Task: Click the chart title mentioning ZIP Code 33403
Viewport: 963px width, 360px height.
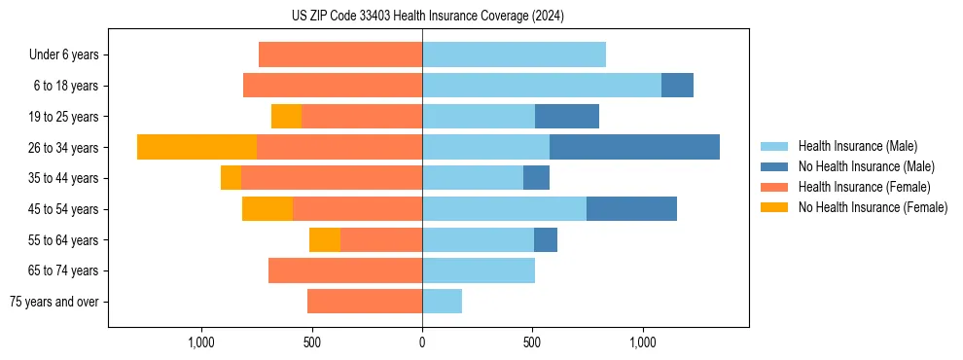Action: pos(427,16)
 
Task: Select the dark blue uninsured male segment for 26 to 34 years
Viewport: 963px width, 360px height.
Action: pos(634,147)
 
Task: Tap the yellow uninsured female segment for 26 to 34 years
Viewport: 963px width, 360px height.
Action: pos(196,147)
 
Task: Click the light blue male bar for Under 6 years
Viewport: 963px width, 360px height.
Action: pos(514,54)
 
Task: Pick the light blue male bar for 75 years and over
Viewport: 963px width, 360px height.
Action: pos(442,302)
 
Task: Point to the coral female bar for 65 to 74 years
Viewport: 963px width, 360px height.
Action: pos(345,270)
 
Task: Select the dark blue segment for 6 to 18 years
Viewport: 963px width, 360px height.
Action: pos(677,86)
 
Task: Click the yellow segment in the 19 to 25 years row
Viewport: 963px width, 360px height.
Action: pos(286,117)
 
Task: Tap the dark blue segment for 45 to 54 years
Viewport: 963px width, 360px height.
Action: pos(631,209)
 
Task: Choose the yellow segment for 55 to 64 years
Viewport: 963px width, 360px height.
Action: pos(325,240)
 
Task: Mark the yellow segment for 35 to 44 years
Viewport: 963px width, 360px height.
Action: pos(231,178)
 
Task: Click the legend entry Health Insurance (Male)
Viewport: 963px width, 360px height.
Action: pos(857,146)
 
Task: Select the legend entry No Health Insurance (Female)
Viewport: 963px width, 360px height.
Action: pos(873,207)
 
